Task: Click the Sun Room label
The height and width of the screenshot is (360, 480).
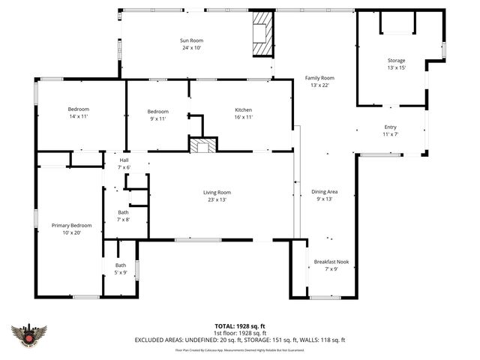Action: pyautogui.click(x=190, y=40)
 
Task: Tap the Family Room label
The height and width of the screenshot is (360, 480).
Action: pyautogui.click(x=319, y=78)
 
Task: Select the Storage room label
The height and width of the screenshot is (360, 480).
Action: pyautogui.click(x=396, y=60)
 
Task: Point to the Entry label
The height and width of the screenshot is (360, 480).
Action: pyautogui.click(x=390, y=127)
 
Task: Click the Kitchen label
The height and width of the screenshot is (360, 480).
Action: pyautogui.click(x=243, y=110)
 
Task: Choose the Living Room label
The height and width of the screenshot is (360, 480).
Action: pyautogui.click(x=217, y=193)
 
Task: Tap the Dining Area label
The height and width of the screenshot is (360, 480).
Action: pyautogui.click(x=325, y=192)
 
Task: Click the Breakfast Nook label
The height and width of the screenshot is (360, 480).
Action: pyautogui.click(x=331, y=262)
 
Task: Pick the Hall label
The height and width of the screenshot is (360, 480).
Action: pyautogui.click(x=124, y=160)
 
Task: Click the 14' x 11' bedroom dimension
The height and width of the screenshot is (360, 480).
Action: pyautogui.click(x=79, y=118)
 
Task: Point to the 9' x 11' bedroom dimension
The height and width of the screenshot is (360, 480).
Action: pyautogui.click(x=157, y=118)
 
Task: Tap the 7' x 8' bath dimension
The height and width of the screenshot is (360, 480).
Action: pyautogui.click(x=123, y=220)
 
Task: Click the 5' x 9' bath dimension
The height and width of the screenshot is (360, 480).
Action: pyautogui.click(x=121, y=272)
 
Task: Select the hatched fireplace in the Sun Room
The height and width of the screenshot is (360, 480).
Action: pyautogui.click(x=262, y=34)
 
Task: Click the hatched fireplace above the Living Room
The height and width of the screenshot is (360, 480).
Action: pyautogui.click(x=202, y=145)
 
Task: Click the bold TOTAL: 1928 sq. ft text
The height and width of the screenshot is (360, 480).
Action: pyautogui.click(x=239, y=326)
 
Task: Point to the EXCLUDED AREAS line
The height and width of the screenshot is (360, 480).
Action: pyautogui.click(x=239, y=340)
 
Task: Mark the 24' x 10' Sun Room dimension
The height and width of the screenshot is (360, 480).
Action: pyautogui.click(x=190, y=48)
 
